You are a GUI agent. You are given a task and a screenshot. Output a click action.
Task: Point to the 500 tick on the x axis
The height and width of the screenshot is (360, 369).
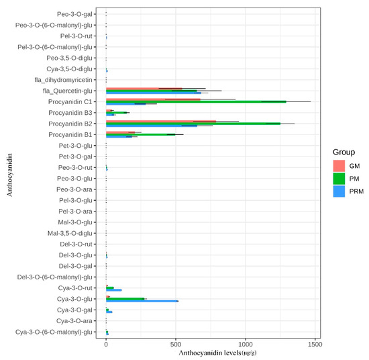[x=176, y=341]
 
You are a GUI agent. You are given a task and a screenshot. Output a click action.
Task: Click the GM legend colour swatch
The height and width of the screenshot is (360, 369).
[x=340, y=165]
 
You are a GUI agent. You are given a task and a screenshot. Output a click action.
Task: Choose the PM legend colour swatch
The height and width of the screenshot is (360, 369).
[x=340, y=178]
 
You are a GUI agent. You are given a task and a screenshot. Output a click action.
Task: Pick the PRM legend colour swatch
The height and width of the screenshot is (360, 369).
[x=340, y=191]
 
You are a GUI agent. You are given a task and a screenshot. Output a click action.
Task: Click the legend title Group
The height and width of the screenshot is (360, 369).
[x=344, y=152]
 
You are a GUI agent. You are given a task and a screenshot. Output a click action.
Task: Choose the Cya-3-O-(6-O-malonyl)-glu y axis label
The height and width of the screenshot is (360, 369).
[x=54, y=332]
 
